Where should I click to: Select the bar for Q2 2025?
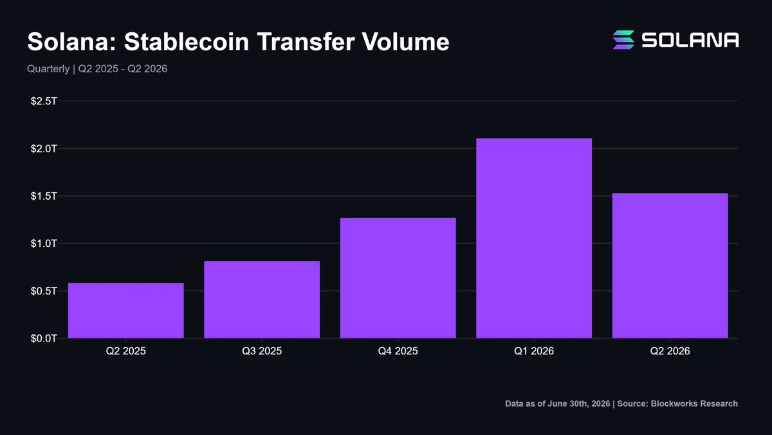pos(126,311)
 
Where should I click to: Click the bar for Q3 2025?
pos(262,299)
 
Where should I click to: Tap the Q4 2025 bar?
pos(398,278)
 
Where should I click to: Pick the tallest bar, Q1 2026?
pos(534,238)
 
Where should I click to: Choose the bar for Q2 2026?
pos(670,266)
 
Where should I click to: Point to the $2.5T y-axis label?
pos(44,101)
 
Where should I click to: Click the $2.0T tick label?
pos(44,149)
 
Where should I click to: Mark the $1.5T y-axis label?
pos(44,196)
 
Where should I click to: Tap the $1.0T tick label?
pos(44,244)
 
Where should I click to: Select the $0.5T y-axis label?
pos(44,291)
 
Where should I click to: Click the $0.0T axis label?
pos(44,338)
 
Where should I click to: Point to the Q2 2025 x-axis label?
pos(126,351)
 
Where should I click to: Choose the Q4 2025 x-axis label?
pos(398,351)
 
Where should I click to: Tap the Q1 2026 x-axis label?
pos(534,351)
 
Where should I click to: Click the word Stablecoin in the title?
pos(187,42)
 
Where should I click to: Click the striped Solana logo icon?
pos(623,40)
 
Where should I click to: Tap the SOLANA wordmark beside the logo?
pos(690,40)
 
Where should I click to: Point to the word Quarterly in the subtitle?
pos(48,69)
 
